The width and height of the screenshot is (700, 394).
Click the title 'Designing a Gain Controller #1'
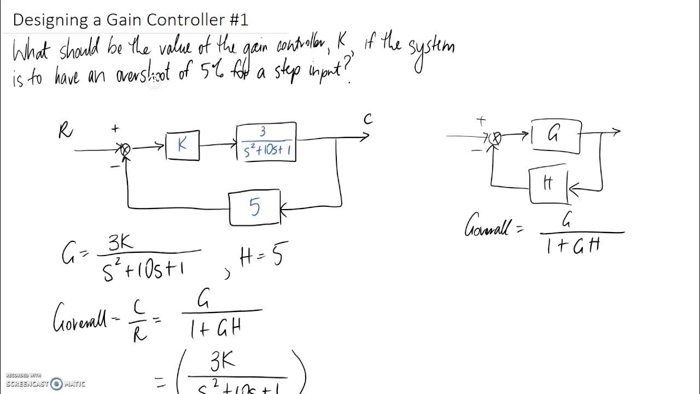130,20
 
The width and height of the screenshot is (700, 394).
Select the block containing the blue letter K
183,146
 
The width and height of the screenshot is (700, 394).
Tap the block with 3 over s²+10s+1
266,142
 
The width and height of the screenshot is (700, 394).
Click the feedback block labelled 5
255,208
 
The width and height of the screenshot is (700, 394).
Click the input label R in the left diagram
66,131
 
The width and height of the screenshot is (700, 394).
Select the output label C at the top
368,119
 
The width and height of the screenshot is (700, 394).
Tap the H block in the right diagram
549,185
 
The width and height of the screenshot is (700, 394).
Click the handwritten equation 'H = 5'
261,256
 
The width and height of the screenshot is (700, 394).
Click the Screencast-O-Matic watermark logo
56,384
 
